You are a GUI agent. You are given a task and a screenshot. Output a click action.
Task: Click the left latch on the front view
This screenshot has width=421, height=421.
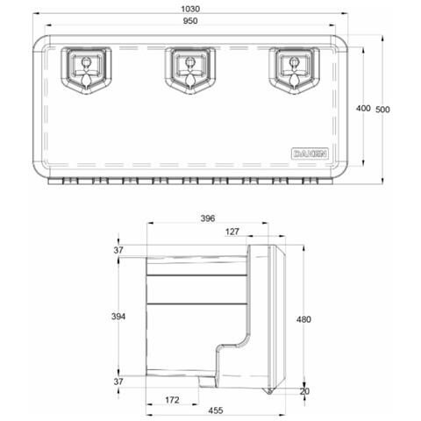click(86, 69)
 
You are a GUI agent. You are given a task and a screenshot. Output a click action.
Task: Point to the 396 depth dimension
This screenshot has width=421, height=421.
click(207, 218)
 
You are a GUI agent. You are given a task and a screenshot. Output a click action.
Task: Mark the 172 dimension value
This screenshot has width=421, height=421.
click(173, 400)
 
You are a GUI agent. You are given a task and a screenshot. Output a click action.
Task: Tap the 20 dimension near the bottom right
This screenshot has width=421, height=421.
click(305, 393)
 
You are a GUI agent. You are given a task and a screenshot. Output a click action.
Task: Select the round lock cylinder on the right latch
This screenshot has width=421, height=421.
click(296, 62)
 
